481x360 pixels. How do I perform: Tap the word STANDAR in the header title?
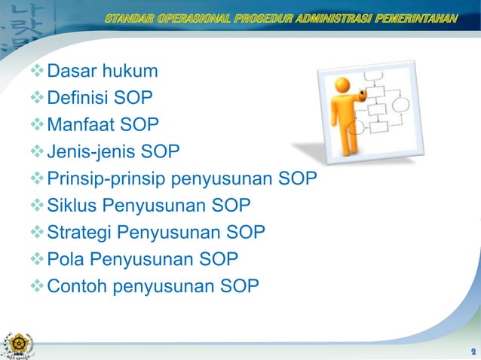pos(130,17)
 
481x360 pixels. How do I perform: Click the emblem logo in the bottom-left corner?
pos(17,342)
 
